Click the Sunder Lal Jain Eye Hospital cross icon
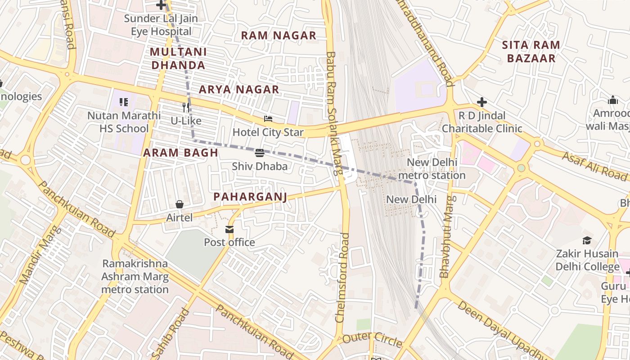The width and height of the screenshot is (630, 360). (161, 5)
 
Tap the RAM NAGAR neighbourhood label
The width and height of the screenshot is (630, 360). (279, 36)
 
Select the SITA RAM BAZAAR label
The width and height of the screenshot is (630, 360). (531, 51)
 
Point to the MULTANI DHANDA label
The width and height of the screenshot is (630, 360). (178, 58)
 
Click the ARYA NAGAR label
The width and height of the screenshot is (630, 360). (239, 90)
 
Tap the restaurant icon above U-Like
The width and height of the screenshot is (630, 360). (186, 108)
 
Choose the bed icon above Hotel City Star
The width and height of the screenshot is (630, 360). (268, 119)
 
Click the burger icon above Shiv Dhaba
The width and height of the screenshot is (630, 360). (260, 153)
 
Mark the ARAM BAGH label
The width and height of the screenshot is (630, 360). (180, 153)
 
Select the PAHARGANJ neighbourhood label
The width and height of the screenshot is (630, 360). (250, 197)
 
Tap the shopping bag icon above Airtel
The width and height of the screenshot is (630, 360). (179, 204)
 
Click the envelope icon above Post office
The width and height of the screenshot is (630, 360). (229, 229)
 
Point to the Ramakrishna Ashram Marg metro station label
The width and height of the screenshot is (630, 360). (135, 276)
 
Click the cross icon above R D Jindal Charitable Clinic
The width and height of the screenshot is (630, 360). (482, 102)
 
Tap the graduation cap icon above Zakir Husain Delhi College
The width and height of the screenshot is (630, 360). (587, 240)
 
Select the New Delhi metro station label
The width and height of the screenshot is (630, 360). (432, 169)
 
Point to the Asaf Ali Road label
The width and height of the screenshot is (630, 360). (594, 166)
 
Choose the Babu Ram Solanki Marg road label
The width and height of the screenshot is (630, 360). (333, 112)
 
